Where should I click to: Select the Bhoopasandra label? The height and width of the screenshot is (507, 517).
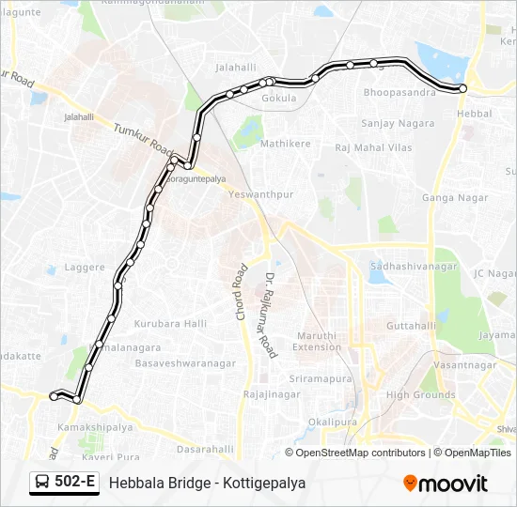[399, 94]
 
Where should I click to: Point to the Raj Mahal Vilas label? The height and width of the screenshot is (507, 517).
[374, 147]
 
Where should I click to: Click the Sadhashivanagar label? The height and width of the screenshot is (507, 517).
[414, 267]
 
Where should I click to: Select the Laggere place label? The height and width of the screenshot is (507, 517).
[85, 268]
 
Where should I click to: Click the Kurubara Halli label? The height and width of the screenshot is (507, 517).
[170, 324]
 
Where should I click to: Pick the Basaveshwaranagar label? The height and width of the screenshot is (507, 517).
[185, 362]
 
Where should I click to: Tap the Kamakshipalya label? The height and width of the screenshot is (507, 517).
[84, 426]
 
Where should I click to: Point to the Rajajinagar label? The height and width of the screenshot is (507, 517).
[271, 394]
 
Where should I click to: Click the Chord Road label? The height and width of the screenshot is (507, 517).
[241, 292]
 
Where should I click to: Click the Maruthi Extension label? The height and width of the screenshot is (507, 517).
[317, 341]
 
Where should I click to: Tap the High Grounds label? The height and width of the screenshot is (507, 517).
[420, 395]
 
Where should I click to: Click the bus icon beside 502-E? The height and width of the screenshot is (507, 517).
[41, 483]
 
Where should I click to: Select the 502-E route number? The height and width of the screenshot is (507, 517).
[75, 483]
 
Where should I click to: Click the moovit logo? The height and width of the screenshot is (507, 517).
[446, 484]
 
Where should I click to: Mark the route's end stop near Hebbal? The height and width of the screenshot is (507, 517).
[462, 88]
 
